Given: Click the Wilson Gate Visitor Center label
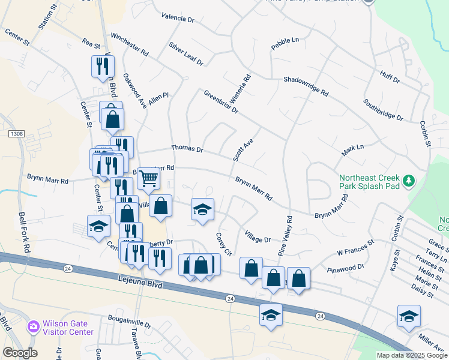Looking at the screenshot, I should tap(68, 328).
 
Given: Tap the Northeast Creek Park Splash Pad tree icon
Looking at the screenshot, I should tap(409, 181).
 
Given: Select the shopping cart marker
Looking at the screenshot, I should tap(148, 178).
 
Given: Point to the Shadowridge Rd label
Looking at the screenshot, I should tap(306, 86).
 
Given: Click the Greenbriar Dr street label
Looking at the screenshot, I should tap(221, 102).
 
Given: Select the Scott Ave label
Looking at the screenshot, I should tap(244, 149).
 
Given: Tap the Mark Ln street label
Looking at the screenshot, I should tap(353, 150).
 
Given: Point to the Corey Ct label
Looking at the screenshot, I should tap(223, 244).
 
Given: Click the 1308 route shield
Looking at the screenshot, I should tap(16, 134).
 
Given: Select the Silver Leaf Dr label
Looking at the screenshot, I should tap(186, 53).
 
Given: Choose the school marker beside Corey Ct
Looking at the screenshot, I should tap(203, 209).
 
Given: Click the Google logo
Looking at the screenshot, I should tap(20, 353).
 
